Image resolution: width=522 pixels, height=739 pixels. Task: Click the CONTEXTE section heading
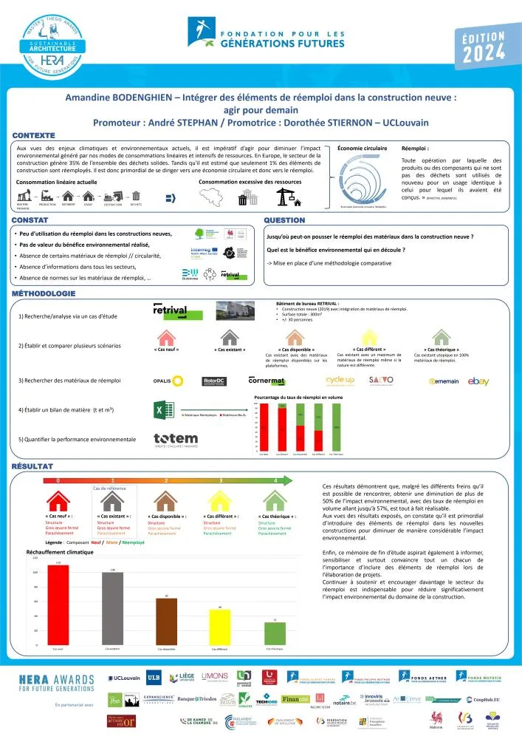tap(34, 136)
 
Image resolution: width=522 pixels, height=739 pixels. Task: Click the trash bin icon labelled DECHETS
tap(136, 196)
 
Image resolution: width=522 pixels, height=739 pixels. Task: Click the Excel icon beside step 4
tap(162, 410)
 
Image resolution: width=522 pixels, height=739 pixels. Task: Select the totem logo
tap(176, 440)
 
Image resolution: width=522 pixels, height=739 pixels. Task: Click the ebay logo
tap(478, 381)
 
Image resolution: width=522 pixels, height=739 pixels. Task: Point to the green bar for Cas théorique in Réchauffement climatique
tap(275, 633)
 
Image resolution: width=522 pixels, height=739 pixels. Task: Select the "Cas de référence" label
tap(110, 488)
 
